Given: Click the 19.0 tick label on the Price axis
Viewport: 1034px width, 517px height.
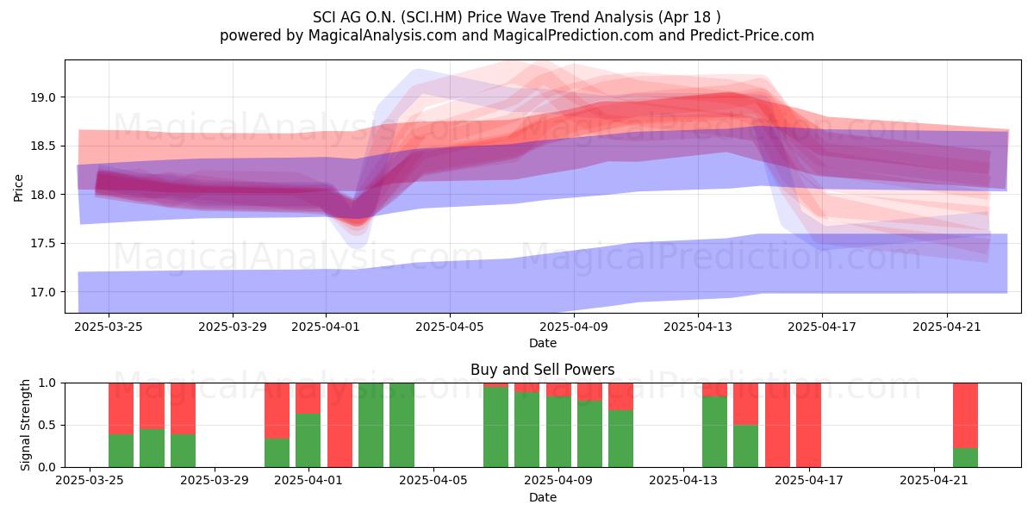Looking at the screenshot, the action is (43, 97).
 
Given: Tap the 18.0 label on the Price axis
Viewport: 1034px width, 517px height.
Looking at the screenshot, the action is (43, 195).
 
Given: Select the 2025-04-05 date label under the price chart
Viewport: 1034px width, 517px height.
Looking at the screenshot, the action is (450, 327).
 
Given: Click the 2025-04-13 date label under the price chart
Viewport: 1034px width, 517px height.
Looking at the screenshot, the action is (698, 327).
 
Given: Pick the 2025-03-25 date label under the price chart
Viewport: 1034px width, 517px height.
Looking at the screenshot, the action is (109, 327).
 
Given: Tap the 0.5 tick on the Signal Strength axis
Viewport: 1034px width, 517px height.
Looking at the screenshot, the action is (47, 425).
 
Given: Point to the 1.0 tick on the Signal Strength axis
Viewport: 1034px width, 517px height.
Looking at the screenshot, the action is (47, 383).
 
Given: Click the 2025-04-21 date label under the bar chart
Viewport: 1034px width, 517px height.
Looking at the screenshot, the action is (934, 481).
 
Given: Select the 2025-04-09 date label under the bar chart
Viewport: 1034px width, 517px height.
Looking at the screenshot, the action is (558, 481).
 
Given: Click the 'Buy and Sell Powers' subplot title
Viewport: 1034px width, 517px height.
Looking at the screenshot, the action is (542, 370).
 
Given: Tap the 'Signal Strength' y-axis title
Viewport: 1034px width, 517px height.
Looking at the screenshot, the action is (25, 425).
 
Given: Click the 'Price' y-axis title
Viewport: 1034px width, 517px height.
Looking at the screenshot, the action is (18, 188).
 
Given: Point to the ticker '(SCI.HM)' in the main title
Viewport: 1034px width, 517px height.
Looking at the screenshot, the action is (431, 17).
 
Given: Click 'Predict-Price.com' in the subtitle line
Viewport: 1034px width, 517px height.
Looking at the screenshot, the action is (752, 35).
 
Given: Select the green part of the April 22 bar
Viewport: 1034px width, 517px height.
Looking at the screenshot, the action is (965, 458).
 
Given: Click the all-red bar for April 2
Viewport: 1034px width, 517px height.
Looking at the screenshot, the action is (339, 425).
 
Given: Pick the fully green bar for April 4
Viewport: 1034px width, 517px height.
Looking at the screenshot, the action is (402, 425).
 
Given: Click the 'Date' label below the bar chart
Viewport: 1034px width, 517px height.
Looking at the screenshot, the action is (542, 498).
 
